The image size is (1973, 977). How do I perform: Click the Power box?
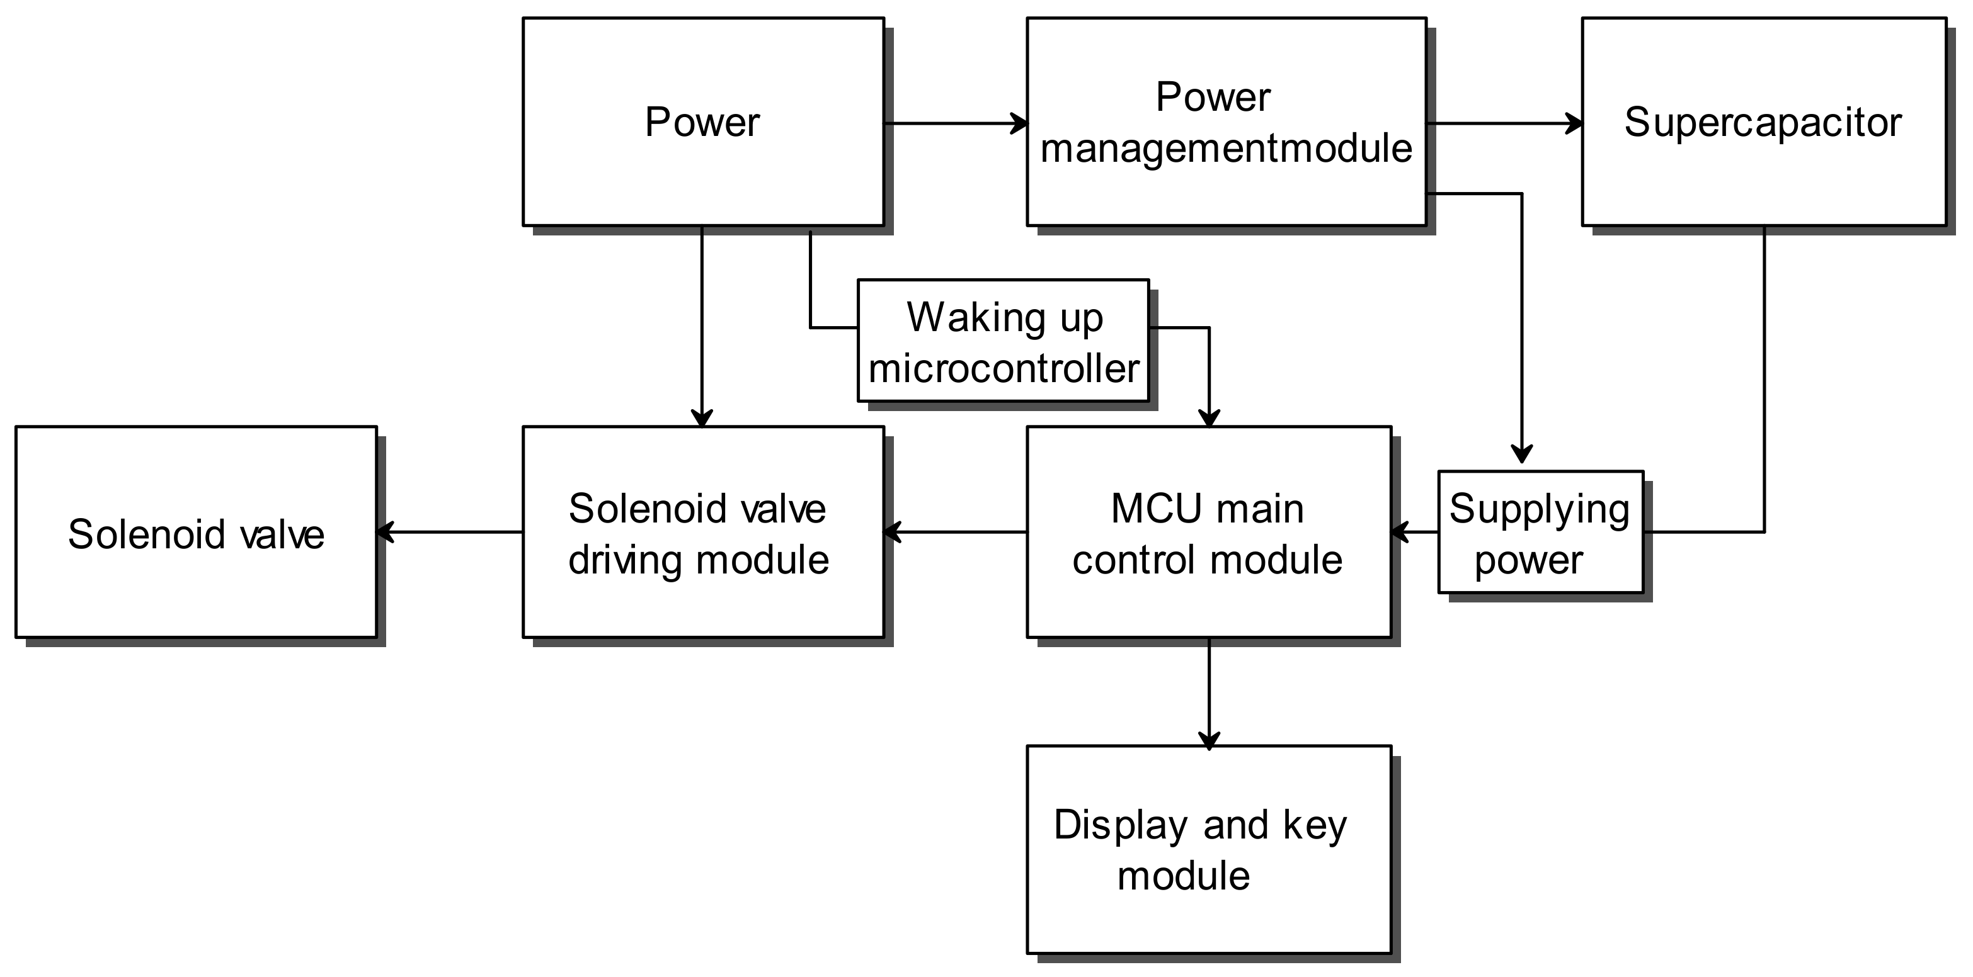(702, 123)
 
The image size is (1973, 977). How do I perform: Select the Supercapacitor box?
(1763, 123)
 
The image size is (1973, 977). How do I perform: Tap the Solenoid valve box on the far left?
(196, 532)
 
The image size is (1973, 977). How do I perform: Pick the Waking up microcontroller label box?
(1003, 341)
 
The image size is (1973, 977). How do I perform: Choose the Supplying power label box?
(1540, 532)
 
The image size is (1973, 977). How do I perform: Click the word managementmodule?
(1225, 149)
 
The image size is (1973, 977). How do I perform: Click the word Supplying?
(1539, 509)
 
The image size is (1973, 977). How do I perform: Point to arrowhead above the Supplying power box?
(1521, 454)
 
